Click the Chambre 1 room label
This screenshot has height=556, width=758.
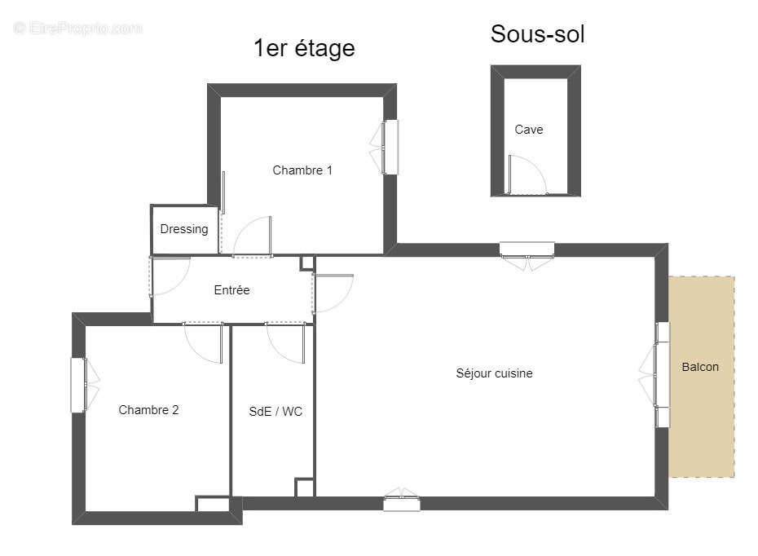click(302, 170)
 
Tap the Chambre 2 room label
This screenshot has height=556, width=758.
click(148, 410)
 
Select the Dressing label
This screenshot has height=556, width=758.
click(183, 229)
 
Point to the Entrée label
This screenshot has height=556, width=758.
click(231, 290)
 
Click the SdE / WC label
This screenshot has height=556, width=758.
click(275, 412)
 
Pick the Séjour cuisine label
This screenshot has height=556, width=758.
click(494, 373)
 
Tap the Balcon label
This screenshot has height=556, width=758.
click(700, 367)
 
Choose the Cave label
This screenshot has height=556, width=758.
click(528, 130)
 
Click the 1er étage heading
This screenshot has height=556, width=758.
click(304, 48)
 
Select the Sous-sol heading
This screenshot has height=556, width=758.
click(537, 34)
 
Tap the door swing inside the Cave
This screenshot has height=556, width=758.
click(527, 174)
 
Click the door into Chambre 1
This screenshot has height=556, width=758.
click(253, 238)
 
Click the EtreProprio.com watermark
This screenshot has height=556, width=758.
click(78, 29)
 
